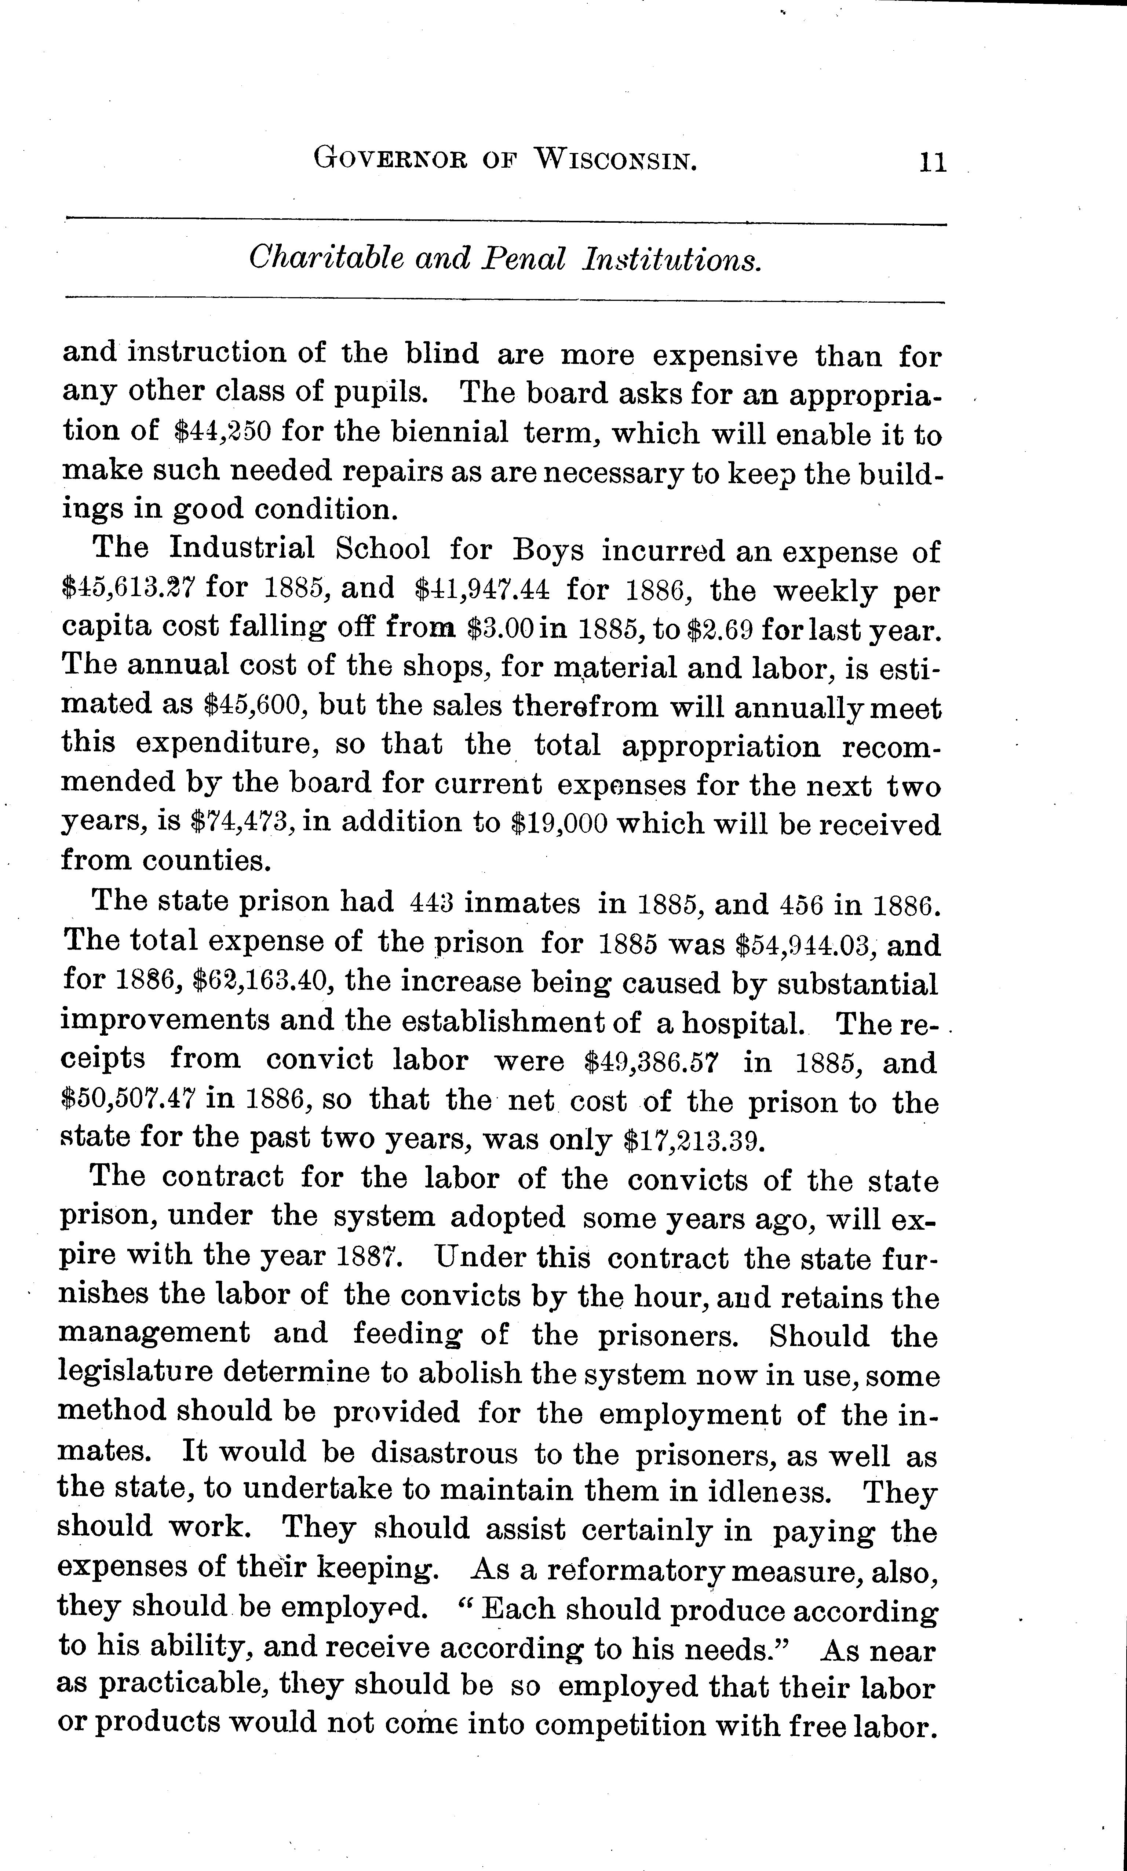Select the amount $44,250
coord(222,432)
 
